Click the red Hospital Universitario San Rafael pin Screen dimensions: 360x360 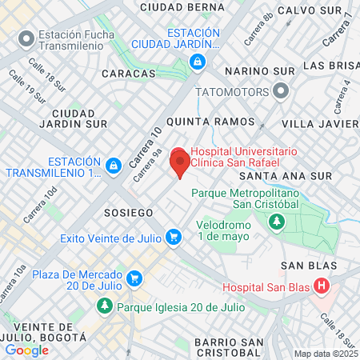click(x=180, y=162)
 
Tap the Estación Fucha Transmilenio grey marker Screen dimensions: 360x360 click(x=26, y=38)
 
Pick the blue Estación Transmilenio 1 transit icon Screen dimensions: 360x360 click(x=114, y=166)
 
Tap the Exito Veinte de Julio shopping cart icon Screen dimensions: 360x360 click(x=173, y=237)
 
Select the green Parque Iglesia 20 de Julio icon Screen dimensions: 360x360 click(x=105, y=306)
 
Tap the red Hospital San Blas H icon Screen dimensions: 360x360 click(x=322, y=286)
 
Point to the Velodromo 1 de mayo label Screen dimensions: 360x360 click(x=226, y=230)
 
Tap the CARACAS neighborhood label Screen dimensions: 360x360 click(x=129, y=74)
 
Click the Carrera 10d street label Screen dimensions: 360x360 click(x=40, y=206)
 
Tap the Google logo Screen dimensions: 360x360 click(x=27, y=350)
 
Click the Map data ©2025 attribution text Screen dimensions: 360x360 click(x=326, y=354)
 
